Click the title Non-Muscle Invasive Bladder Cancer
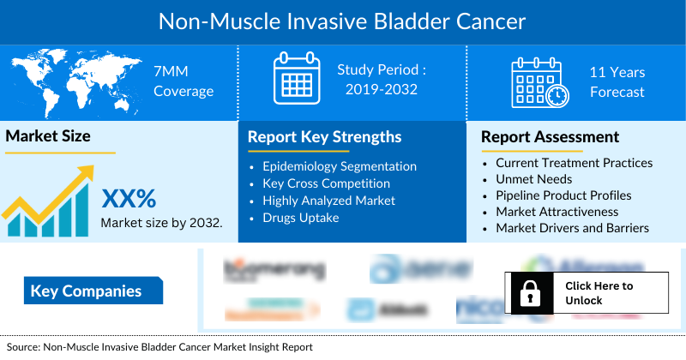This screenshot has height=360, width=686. pyautogui.click(x=343, y=21)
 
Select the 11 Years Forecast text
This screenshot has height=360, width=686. pyautogui.click(x=617, y=82)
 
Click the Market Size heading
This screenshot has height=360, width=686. pyautogui.click(x=48, y=135)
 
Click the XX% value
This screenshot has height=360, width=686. pyautogui.click(x=129, y=200)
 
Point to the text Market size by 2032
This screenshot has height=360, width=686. pyautogui.click(x=162, y=223)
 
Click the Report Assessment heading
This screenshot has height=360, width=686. pyautogui.click(x=550, y=137)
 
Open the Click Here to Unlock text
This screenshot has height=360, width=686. pyautogui.click(x=599, y=293)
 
